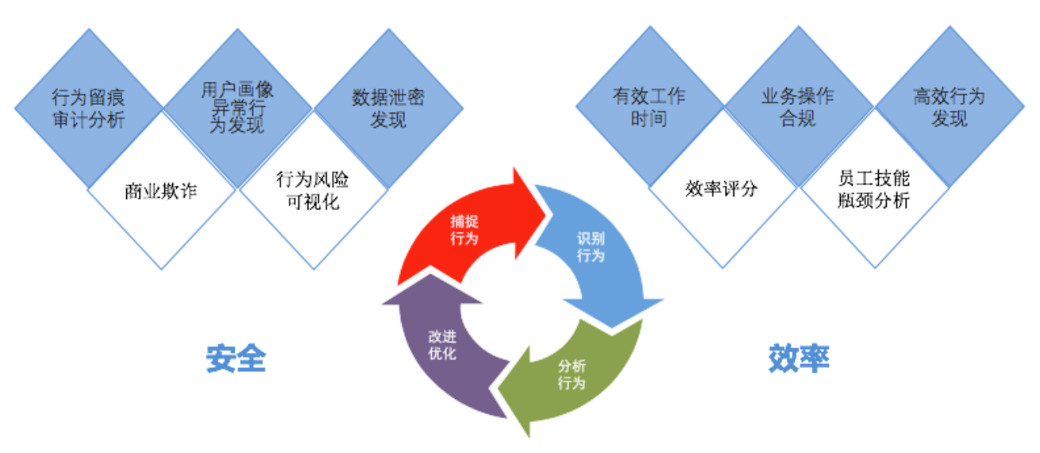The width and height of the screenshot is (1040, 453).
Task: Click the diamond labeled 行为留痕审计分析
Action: click(x=88, y=108)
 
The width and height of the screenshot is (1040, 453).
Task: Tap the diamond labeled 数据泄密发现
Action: click(x=388, y=108)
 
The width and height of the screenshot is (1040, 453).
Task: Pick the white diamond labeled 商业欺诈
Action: click(x=161, y=191)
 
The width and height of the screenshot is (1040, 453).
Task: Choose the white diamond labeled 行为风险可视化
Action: click(x=312, y=190)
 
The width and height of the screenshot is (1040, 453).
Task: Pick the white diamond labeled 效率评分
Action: click(x=722, y=188)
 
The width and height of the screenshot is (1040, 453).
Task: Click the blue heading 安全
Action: click(x=235, y=359)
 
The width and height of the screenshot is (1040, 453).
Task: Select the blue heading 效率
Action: click(x=799, y=359)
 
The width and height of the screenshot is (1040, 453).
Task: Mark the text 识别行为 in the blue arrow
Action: click(x=591, y=247)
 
